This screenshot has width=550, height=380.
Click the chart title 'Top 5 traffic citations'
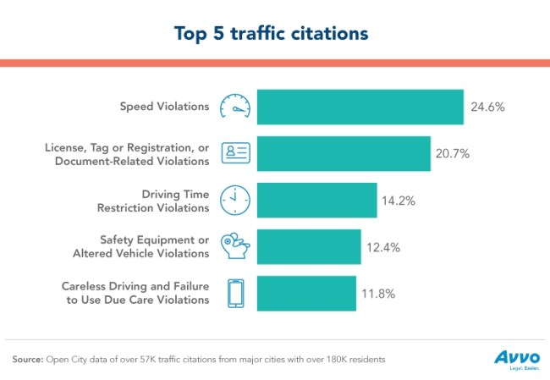point(275,33)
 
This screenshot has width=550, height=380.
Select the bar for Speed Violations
point(360,107)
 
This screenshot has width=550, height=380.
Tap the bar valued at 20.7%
point(344,153)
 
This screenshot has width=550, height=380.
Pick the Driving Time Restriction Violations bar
point(316,200)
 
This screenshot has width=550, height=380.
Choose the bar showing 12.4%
point(309,246)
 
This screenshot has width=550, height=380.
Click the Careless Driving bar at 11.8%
point(306,293)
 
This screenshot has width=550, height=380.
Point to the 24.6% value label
point(488,107)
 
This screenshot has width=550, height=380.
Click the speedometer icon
point(235,107)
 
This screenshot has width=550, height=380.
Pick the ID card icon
point(235,153)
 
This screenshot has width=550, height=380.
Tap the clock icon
point(235,200)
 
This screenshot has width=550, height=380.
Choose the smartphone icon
point(235,293)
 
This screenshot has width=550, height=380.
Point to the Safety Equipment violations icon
point(235,246)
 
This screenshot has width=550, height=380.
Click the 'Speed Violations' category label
point(164,107)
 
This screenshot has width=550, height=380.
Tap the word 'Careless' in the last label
point(85,286)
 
